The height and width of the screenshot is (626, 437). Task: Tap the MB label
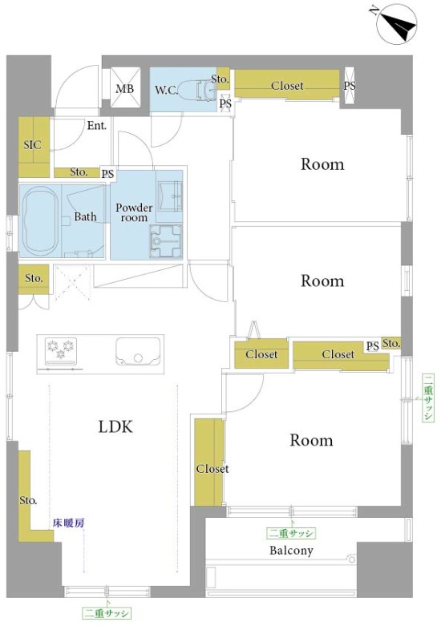[x=124, y=89]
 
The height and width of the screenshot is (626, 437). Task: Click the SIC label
[x=32, y=144]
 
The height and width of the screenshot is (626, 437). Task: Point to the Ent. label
[x=97, y=126]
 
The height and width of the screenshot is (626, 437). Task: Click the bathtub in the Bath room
[x=39, y=220]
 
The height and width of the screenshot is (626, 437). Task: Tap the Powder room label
[x=134, y=212]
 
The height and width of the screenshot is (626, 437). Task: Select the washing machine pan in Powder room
[x=165, y=241]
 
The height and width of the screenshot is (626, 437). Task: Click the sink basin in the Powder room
[x=170, y=196]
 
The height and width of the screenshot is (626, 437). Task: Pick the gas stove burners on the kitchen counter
[x=61, y=351]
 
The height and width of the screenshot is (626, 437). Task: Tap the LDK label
[x=115, y=427]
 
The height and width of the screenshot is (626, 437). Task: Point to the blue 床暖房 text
[x=69, y=523]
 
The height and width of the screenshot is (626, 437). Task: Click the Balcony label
[x=291, y=551]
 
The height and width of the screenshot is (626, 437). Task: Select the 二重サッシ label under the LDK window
[x=107, y=613]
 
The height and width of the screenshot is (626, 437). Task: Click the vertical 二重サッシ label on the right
[x=428, y=398]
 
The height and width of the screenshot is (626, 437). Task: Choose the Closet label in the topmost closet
[x=287, y=86]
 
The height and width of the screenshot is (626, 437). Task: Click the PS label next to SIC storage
[x=107, y=174]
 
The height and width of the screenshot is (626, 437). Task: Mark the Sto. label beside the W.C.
[x=220, y=79]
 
